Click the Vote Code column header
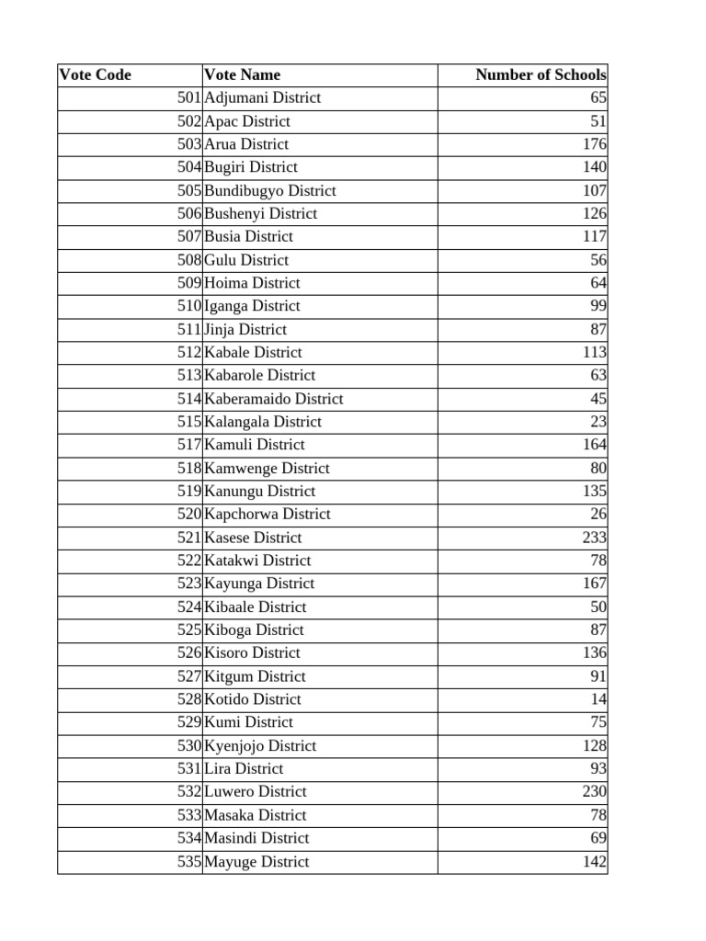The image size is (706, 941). [x=96, y=75]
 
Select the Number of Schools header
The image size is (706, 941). [x=541, y=75]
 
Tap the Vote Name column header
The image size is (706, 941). [x=243, y=75]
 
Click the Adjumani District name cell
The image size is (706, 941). [x=263, y=98]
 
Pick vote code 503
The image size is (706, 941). [x=188, y=144]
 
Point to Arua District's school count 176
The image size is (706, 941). [x=594, y=144]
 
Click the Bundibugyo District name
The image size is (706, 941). [x=270, y=191]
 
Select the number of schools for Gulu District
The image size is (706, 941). [x=598, y=260]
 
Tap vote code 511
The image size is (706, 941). [x=188, y=330]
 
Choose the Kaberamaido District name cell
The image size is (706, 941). [x=274, y=399]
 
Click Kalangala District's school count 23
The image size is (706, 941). [x=598, y=422]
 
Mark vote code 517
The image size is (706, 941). [x=188, y=445]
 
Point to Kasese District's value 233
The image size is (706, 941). [x=594, y=538]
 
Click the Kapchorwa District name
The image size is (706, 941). [x=268, y=515]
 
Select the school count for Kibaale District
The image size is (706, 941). [x=598, y=607]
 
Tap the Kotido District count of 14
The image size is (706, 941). [x=598, y=699]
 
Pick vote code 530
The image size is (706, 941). [x=188, y=746]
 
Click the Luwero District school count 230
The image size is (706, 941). [x=594, y=792]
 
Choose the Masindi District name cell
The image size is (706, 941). [x=256, y=838]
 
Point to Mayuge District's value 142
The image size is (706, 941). [x=594, y=862]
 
